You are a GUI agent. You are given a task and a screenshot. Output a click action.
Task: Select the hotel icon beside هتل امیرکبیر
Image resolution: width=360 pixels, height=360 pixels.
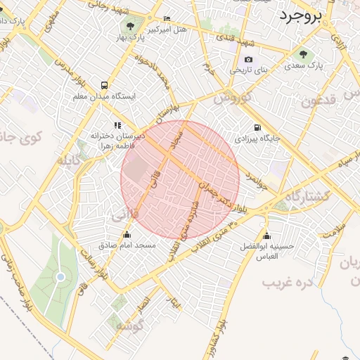(x=167, y=18)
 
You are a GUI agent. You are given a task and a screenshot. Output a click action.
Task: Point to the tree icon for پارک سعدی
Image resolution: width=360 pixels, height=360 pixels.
(x=304, y=54)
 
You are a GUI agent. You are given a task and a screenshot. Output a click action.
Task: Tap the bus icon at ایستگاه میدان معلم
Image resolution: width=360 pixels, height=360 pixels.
(x=104, y=84)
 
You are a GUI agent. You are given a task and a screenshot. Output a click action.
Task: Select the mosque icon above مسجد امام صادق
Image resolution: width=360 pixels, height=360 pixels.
(x=127, y=235)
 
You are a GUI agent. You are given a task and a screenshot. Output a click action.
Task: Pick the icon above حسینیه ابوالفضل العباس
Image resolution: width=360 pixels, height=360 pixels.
(x=266, y=236)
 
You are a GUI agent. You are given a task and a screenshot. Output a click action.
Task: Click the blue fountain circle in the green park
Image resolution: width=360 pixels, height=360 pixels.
(x=60, y=276)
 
